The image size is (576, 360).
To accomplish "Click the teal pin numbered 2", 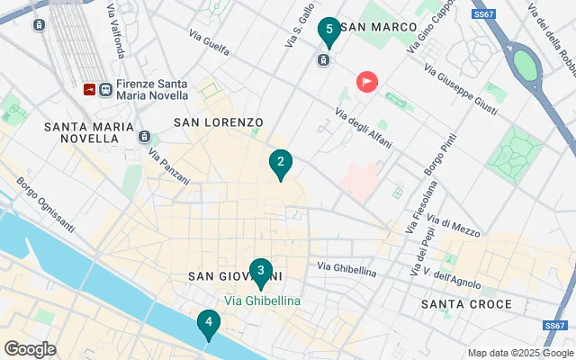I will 281,164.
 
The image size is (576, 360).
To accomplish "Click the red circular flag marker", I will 367,82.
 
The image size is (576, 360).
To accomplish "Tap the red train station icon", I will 89,89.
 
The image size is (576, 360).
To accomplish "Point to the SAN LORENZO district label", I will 218,121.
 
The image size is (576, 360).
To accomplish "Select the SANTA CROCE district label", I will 466,304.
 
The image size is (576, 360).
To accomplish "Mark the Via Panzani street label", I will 169,166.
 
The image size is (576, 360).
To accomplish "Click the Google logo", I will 30,349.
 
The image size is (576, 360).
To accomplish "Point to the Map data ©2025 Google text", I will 518,352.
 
